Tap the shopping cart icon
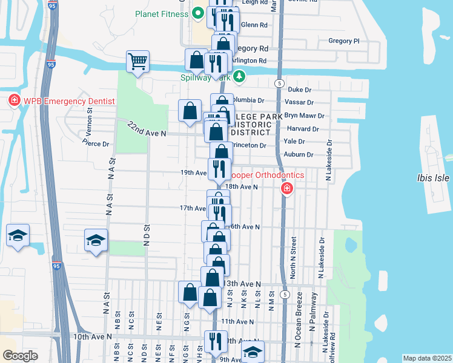point(138,61)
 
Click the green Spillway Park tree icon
point(240,76)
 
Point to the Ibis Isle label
point(434,178)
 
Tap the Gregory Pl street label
point(343,41)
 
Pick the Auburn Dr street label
point(299,154)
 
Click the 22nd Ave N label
point(147,128)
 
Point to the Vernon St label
point(90,115)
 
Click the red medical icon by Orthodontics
point(286,190)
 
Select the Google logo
point(20,356)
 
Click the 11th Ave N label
point(237,321)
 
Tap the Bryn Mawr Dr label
point(305,116)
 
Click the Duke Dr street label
point(299,90)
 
